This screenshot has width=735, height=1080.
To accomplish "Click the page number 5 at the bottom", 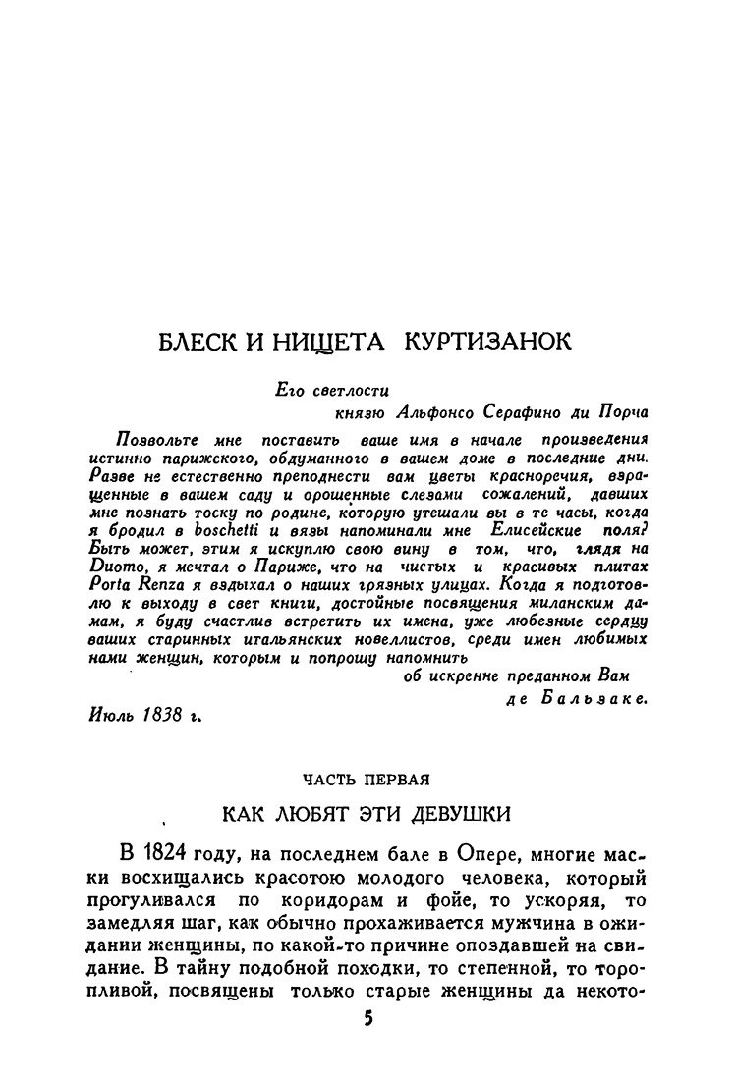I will (368, 1020).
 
